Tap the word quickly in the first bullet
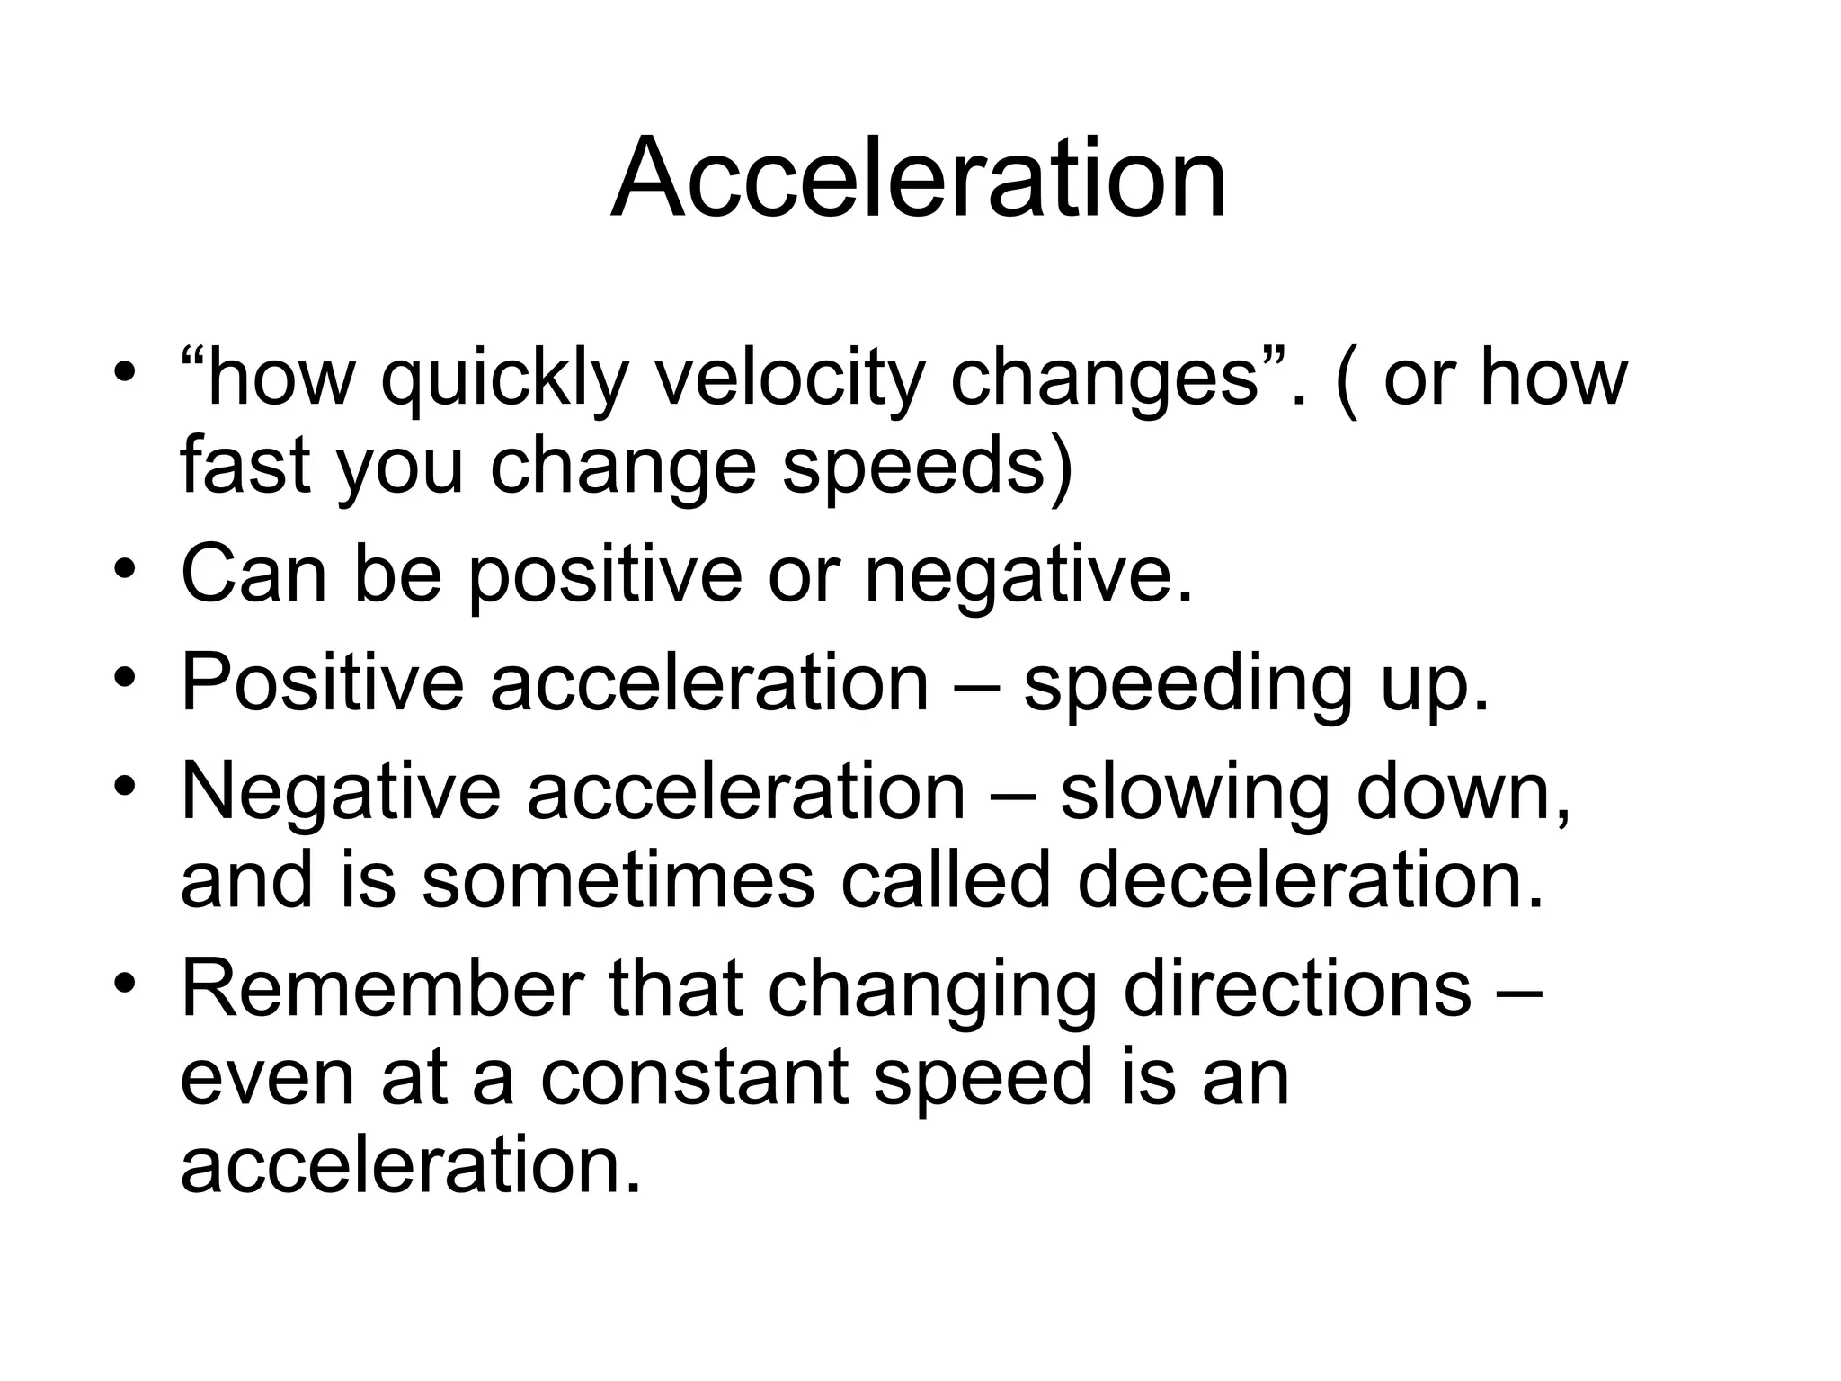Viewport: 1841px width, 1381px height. pyautogui.click(x=503, y=379)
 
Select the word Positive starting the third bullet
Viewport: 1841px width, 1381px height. pyautogui.click(x=323, y=682)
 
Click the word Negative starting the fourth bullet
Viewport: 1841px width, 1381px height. pyautogui.click(x=341, y=791)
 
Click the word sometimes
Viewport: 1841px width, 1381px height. pyautogui.click(x=618, y=879)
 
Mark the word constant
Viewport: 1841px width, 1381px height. pyautogui.click(x=694, y=1078)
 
